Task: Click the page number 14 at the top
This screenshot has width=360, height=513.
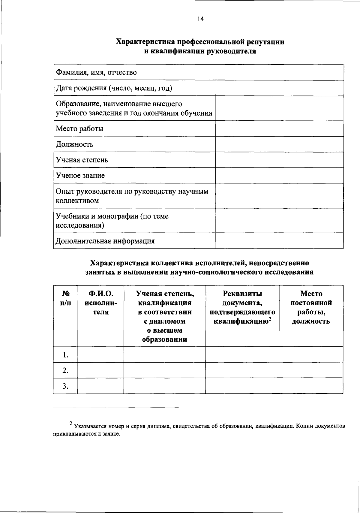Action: tap(200, 20)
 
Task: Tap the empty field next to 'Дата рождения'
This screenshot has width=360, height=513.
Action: tap(279, 88)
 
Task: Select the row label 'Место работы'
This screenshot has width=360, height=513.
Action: tap(80, 129)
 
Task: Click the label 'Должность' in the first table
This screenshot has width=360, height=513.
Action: tap(75, 144)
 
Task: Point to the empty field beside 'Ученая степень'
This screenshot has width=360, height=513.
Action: tap(279, 160)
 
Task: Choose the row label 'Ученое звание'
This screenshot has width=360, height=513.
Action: tap(80, 176)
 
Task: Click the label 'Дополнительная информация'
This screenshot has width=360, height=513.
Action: tap(105, 241)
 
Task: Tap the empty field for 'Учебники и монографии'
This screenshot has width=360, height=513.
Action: tap(279, 221)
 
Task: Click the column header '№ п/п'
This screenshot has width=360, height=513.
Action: tap(65, 298)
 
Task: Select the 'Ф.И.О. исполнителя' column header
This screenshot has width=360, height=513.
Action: tap(101, 303)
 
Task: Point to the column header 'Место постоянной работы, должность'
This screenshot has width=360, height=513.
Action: tap(311, 307)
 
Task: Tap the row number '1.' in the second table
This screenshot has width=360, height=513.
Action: tap(66, 355)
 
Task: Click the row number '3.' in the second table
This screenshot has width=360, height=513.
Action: tap(66, 386)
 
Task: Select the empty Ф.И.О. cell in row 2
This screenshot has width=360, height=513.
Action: tap(101, 370)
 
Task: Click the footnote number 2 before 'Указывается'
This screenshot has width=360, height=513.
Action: tap(71, 424)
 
